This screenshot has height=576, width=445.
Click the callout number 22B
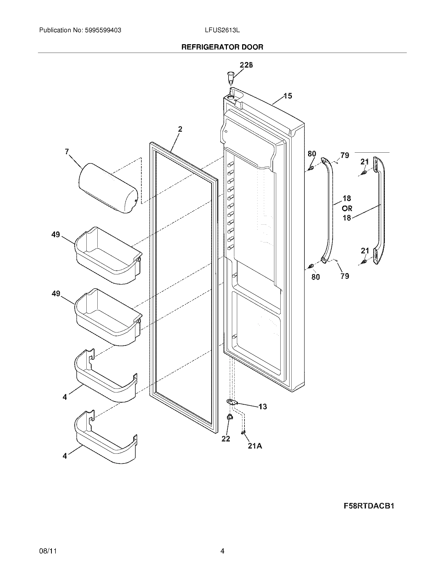tap(246, 65)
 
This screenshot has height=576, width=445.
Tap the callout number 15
tap(288, 96)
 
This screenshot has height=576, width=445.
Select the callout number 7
tap(67, 151)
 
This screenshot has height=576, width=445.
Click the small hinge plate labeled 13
tap(232, 402)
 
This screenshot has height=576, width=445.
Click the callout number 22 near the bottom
tap(226, 439)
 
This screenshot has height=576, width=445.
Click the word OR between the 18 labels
tap(347, 208)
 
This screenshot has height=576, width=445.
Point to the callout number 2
tap(180, 129)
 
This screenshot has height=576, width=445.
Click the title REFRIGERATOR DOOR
tap(222, 47)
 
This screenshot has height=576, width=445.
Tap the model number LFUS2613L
tap(222, 30)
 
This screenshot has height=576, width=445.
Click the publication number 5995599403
tap(103, 30)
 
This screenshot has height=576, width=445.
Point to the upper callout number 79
tap(345, 155)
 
